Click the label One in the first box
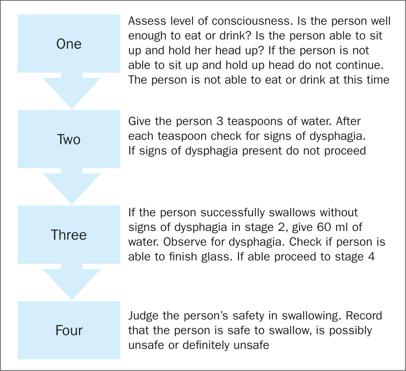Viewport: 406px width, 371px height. [69, 44]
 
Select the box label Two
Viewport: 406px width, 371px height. [69, 139]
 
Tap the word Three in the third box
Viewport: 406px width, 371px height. [69, 235]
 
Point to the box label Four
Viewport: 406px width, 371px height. [69, 331]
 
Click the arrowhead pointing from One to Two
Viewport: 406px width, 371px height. [72, 93]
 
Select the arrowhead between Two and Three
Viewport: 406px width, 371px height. [72, 189]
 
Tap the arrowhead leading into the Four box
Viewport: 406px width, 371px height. [72, 284]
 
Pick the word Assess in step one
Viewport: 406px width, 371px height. [147, 21]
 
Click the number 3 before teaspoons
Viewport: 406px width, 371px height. [220, 121]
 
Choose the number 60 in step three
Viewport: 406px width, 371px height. [324, 227]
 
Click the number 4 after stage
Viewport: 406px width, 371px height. [372, 257]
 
